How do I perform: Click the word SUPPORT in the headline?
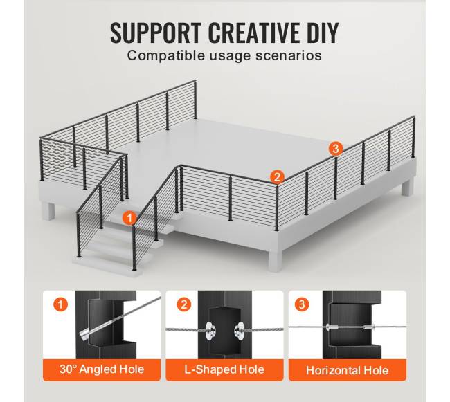click(156, 33)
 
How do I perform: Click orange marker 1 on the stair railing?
click(129, 218)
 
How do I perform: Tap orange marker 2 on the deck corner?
click(277, 177)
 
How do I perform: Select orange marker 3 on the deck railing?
click(336, 149)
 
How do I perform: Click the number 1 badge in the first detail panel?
click(60, 304)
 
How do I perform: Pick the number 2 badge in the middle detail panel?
click(183, 304)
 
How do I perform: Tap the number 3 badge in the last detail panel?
click(302, 304)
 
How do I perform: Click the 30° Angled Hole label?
click(102, 369)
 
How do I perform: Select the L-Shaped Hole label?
click(224, 369)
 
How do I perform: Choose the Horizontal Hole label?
click(348, 370)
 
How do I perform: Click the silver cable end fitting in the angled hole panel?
click(84, 335)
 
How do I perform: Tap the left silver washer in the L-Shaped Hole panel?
click(208, 331)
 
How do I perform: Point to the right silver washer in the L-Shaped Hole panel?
click(239, 331)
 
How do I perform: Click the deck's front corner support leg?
click(275, 261)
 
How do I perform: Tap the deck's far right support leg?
click(407, 188)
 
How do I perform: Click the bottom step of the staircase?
click(107, 266)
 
